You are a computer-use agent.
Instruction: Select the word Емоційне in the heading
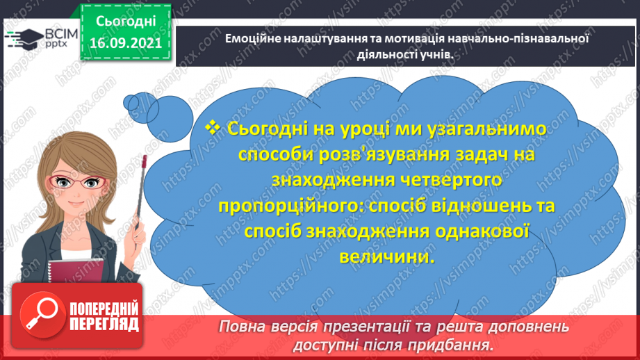[253, 38]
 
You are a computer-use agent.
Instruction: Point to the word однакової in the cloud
[480, 231]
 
